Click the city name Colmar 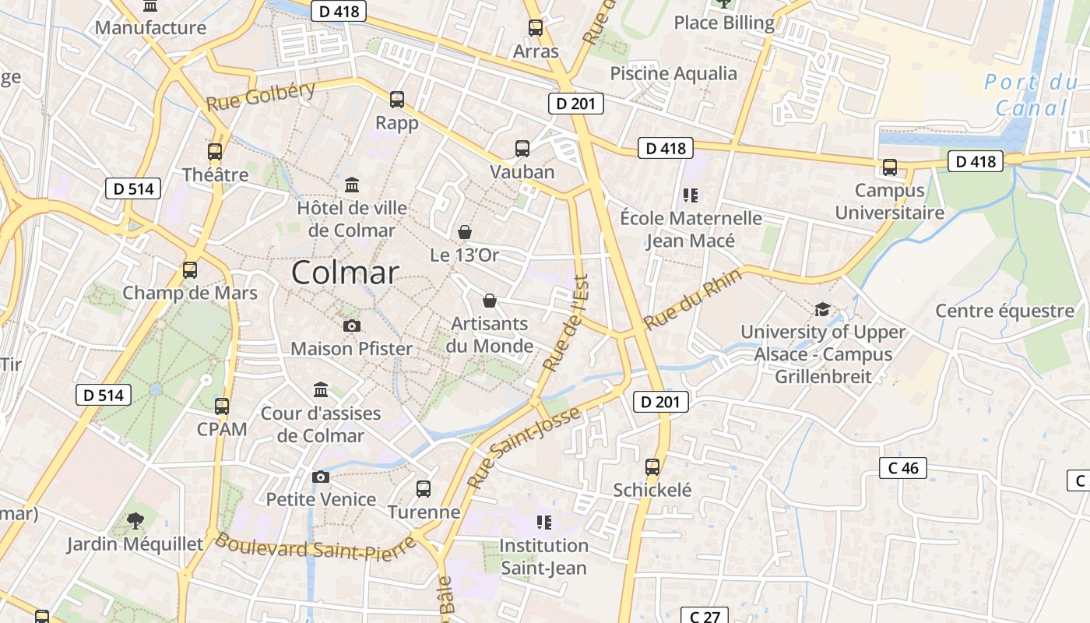(345, 273)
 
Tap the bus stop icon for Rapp (397, 100)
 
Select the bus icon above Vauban (522, 149)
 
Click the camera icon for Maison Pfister (352, 326)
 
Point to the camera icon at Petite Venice (321, 477)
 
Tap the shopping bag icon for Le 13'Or (465, 232)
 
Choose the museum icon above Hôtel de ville (352, 185)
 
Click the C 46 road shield (903, 468)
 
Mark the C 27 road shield (705, 616)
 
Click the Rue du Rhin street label (682, 304)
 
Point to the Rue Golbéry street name (261, 96)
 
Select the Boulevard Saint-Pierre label (315, 547)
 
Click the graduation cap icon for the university (822, 310)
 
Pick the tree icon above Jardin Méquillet (135, 520)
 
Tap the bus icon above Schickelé (652, 467)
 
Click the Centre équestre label (1004, 311)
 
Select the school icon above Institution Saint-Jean (543, 522)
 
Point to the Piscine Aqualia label (673, 73)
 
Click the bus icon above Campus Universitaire (889, 167)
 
